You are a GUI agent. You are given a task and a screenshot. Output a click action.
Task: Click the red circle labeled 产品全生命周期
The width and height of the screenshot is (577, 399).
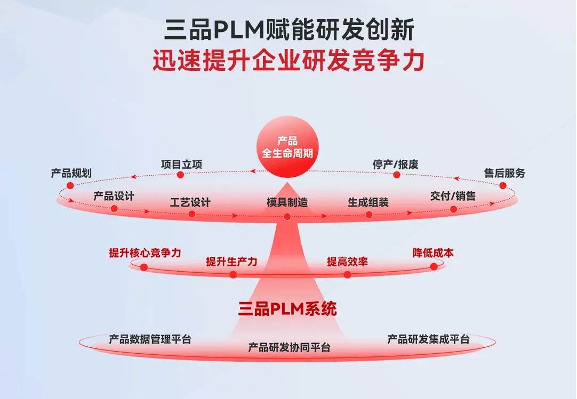click(287, 146)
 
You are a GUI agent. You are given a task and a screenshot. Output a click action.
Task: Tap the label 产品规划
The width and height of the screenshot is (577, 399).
click(71, 173)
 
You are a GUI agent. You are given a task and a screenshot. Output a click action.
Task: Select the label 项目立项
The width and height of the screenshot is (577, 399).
click(181, 165)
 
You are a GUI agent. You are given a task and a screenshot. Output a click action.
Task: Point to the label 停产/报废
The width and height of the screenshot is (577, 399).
click(395, 165)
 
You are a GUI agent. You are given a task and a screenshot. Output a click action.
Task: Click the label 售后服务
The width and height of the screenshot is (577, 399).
click(504, 173)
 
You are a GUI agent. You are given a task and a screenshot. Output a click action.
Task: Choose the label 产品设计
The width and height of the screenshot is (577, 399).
click(114, 196)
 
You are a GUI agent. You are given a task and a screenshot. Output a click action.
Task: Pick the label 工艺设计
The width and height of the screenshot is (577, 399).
click(190, 202)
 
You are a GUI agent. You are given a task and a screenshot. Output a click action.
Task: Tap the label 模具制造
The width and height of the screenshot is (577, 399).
click(287, 202)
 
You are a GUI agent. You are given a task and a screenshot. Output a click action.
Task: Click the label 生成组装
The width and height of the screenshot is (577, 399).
click(368, 202)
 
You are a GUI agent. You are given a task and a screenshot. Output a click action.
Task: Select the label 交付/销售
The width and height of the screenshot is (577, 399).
click(453, 196)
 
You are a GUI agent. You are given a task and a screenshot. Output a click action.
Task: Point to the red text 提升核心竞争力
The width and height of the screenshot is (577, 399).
click(145, 253)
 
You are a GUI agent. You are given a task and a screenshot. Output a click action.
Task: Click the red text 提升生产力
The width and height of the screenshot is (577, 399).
click(231, 262)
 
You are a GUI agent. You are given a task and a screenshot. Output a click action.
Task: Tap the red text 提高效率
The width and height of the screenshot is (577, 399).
click(347, 262)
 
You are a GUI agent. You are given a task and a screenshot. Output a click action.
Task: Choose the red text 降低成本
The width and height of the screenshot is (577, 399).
click(433, 253)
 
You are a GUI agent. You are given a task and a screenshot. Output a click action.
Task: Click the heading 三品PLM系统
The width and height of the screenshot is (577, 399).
click(287, 309)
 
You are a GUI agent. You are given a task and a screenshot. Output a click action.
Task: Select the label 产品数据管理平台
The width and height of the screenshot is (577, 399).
click(150, 339)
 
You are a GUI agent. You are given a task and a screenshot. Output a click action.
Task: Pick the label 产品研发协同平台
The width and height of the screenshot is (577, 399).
click(289, 347)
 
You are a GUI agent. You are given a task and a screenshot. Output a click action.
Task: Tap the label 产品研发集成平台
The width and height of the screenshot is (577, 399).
click(428, 339)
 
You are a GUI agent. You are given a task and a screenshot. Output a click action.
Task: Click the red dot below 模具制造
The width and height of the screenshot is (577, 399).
click(287, 217)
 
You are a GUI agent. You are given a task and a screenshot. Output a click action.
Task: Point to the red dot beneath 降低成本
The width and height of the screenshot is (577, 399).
click(434, 266)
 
